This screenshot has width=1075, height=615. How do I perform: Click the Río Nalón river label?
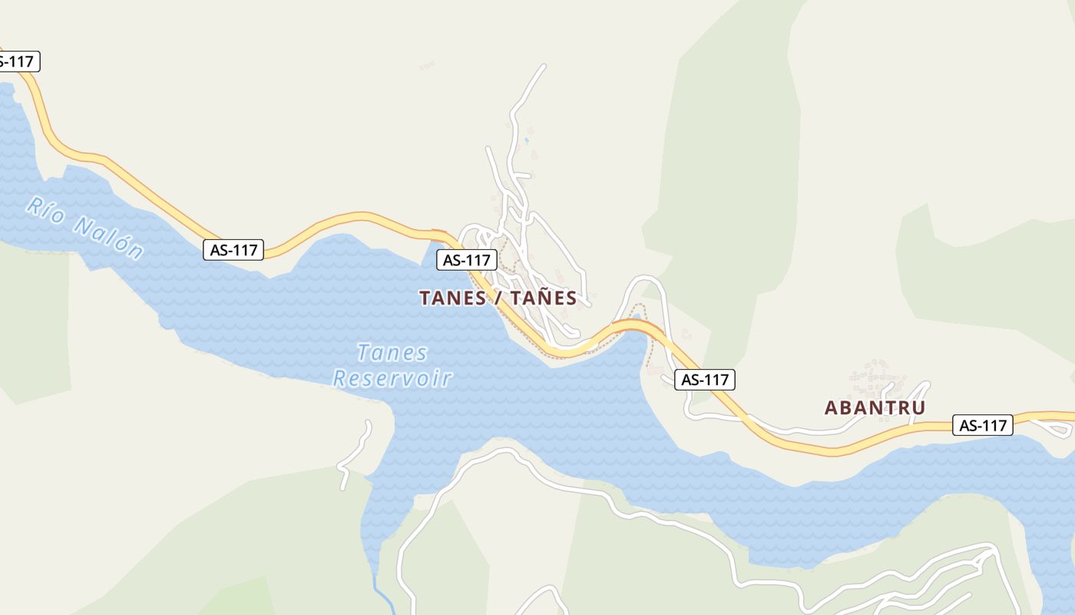(x=84, y=228)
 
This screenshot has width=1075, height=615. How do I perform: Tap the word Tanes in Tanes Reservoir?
(x=392, y=353)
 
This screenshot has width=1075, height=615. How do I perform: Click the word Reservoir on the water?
(x=392, y=378)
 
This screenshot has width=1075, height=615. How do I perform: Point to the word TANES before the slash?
(x=452, y=298)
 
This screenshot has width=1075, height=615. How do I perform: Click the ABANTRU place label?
(x=875, y=408)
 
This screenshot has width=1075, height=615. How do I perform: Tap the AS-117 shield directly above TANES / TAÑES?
(x=466, y=260)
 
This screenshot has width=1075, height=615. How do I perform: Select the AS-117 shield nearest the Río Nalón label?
(x=233, y=249)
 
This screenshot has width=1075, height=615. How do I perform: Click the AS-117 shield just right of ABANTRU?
(x=982, y=424)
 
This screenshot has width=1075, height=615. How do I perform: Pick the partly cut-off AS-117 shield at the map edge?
(x=17, y=61)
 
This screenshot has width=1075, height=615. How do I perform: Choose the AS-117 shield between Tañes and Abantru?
(x=704, y=379)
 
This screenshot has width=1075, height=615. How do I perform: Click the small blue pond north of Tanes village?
(x=526, y=140)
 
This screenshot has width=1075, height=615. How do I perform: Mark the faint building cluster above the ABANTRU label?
(x=872, y=377)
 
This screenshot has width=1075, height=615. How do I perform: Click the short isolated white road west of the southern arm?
(x=355, y=454)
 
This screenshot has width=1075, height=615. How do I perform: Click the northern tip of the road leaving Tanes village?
(x=544, y=66)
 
